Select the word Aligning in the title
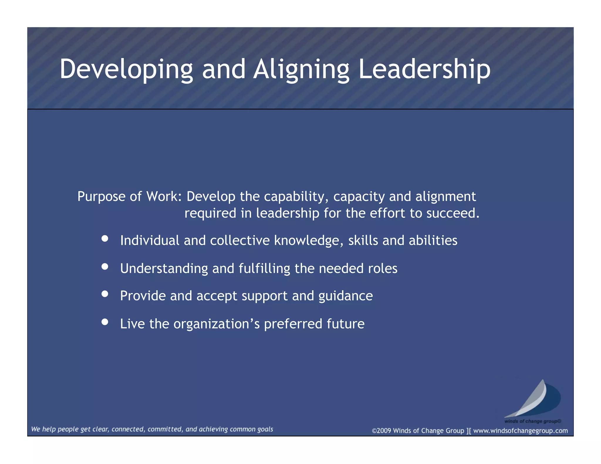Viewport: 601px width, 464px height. pyautogui.click(x=301, y=70)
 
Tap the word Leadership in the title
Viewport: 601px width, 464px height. pyautogui.click(x=424, y=70)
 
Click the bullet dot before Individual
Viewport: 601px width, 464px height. pyautogui.click(x=105, y=238)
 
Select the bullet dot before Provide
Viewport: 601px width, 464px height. pyautogui.click(x=105, y=294)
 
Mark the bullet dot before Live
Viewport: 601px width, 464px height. pyautogui.click(x=105, y=322)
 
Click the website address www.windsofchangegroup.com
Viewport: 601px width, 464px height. pyautogui.click(x=520, y=431)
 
